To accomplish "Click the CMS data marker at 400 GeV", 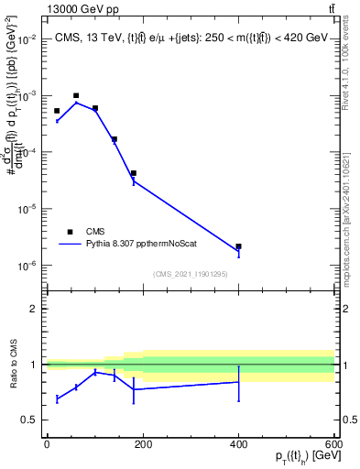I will coord(238,246).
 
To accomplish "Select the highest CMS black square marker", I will coord(76,95).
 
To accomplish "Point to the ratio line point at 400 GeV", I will coord(238,382).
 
